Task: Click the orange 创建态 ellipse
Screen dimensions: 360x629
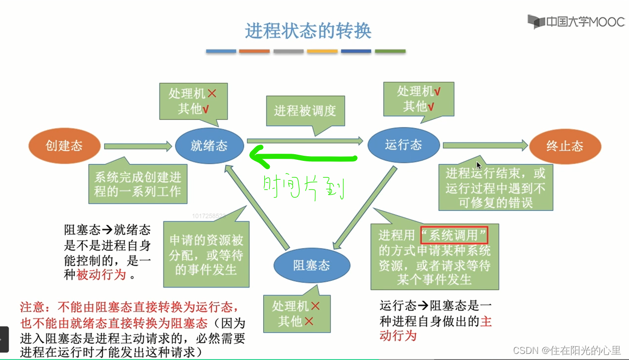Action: point(64,146)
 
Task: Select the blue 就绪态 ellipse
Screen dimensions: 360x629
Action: point(209,146)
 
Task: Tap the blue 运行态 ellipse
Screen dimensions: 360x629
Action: point(404,145)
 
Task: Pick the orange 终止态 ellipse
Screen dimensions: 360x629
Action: point(565,146)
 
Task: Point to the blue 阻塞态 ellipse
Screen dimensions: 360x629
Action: point(312,266)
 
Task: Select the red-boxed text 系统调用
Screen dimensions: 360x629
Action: point(454,235)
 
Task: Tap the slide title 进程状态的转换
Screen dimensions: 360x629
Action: point(308,31)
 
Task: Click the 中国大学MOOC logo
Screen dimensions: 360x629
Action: point(576,21)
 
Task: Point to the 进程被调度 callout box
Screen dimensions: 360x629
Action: point(305,111)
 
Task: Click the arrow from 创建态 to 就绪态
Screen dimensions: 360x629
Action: point(138,147)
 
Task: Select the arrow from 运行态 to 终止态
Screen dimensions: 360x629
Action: point(484,146)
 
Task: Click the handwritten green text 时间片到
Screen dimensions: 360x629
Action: point(304,187)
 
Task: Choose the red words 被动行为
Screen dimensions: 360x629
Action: point(101,275)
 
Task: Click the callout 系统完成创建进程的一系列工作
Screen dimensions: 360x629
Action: point(137,184)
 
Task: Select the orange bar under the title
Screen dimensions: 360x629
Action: point(254,51)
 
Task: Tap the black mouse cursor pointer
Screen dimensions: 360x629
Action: point(478,165)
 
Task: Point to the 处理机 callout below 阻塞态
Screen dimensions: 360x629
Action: point(296,314)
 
